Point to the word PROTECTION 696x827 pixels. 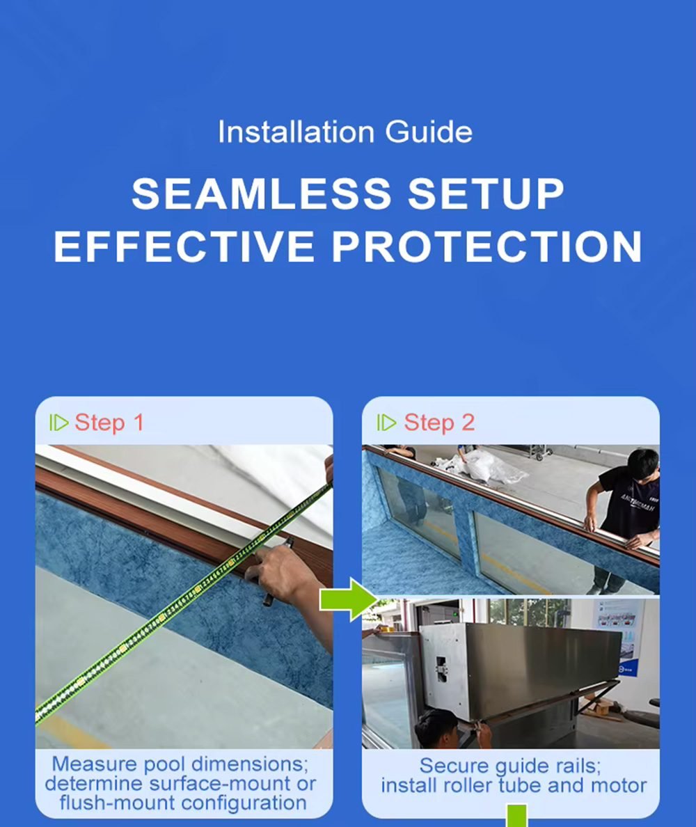(487, 246)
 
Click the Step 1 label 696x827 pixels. (109, 423)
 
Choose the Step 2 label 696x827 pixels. (439, 423)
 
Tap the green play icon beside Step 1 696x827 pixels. (58, 423)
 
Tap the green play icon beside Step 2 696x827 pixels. (386, 423)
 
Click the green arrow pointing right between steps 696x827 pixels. (349, 599)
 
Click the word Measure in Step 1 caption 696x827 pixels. (96, 764)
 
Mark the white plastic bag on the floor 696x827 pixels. (487, 466)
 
